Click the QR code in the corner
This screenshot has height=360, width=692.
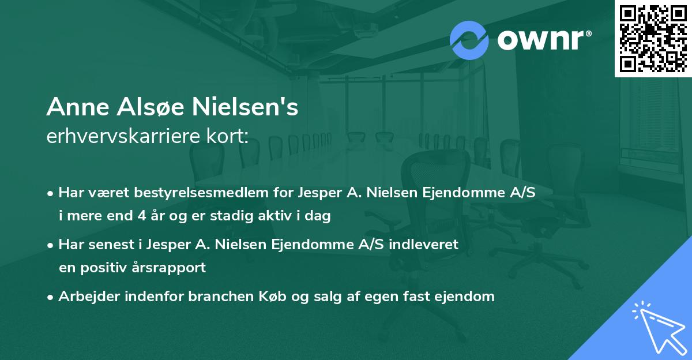tap(653, 39)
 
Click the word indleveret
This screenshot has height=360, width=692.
tap(424, 245)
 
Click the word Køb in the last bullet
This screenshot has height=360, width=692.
tap(279, 297)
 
